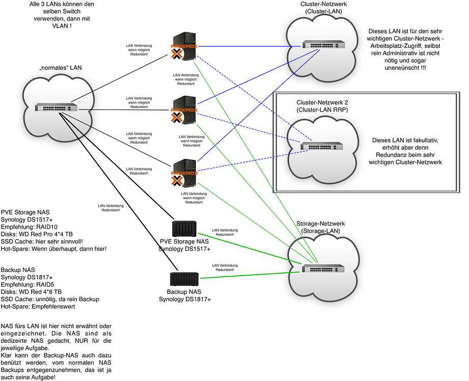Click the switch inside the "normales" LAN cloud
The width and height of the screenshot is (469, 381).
56,108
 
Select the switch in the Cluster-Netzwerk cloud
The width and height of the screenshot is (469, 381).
323,45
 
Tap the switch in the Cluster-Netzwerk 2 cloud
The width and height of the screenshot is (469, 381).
321,146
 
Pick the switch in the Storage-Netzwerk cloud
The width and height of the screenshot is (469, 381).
322,268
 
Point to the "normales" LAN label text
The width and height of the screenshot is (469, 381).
60,67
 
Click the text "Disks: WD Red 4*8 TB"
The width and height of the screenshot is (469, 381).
33,292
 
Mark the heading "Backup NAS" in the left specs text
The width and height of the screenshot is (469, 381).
19,269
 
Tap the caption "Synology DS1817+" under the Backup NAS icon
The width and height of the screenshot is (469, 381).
184,300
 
